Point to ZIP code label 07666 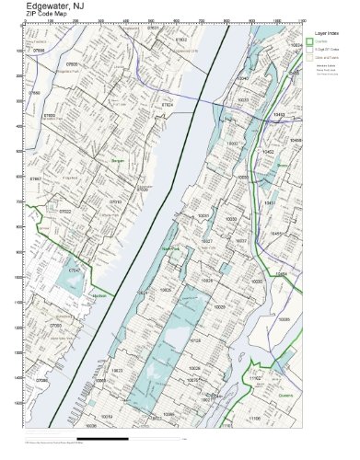[x=38, y=52]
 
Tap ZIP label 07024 [x=167, y=105]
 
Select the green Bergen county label [x=117, y=160]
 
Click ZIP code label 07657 [x=36, y=178]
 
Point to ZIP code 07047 [x=75, y=272]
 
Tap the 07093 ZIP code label [x=56, y=326]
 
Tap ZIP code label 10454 [x=282, y=273]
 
